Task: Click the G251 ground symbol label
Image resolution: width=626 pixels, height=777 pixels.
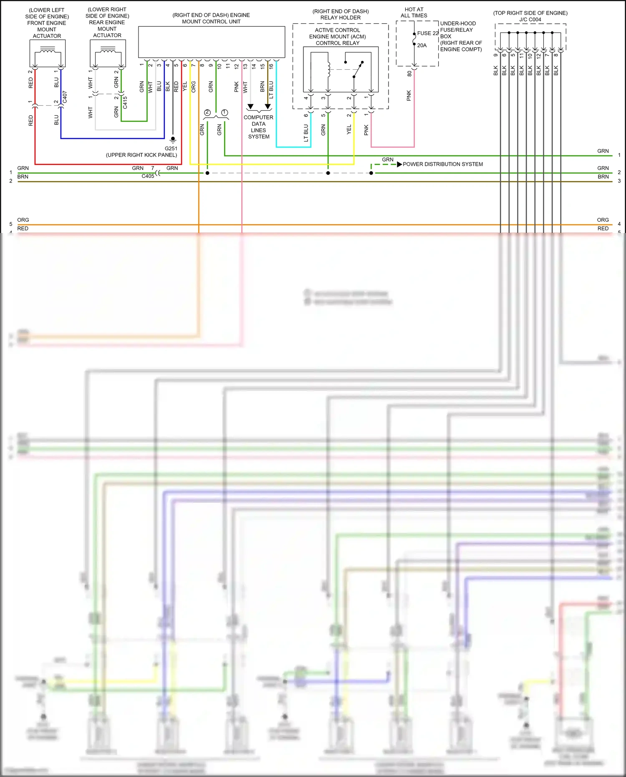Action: (x=171, y=148)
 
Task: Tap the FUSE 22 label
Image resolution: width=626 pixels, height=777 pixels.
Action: (x=428, y=33)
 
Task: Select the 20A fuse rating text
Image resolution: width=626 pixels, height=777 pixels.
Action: (x=422, y=45)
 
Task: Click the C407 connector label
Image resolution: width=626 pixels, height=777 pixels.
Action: (x=65, y=97)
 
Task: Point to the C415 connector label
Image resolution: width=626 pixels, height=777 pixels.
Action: (x=125, y=102)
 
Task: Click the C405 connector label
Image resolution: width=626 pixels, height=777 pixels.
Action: (x=148, y=176)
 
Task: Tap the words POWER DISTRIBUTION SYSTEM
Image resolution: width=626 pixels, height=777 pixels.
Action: (x=443, y=164)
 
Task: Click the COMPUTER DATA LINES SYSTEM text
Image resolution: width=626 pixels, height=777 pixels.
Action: (x=258, y=127)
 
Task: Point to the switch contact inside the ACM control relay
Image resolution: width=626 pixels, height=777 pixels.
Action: (x=358, y=70)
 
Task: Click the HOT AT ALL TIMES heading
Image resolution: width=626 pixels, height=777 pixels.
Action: (x=414, y=13)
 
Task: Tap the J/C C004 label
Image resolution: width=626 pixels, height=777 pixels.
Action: (x=530, y=20)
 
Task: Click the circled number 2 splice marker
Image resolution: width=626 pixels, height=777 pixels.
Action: (x=207, y=112)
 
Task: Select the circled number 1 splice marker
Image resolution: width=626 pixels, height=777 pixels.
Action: (x=225, y=112)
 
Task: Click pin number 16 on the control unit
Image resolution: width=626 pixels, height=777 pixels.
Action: (x=271, y=66)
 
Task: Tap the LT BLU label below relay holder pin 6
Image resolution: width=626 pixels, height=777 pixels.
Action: (x=306, y=133)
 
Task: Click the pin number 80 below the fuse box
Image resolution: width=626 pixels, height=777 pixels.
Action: (x=409, y=73)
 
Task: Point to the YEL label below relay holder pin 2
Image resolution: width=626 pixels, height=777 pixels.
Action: (x=349, y=129)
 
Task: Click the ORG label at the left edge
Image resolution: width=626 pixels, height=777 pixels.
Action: (x=23, y=220)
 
